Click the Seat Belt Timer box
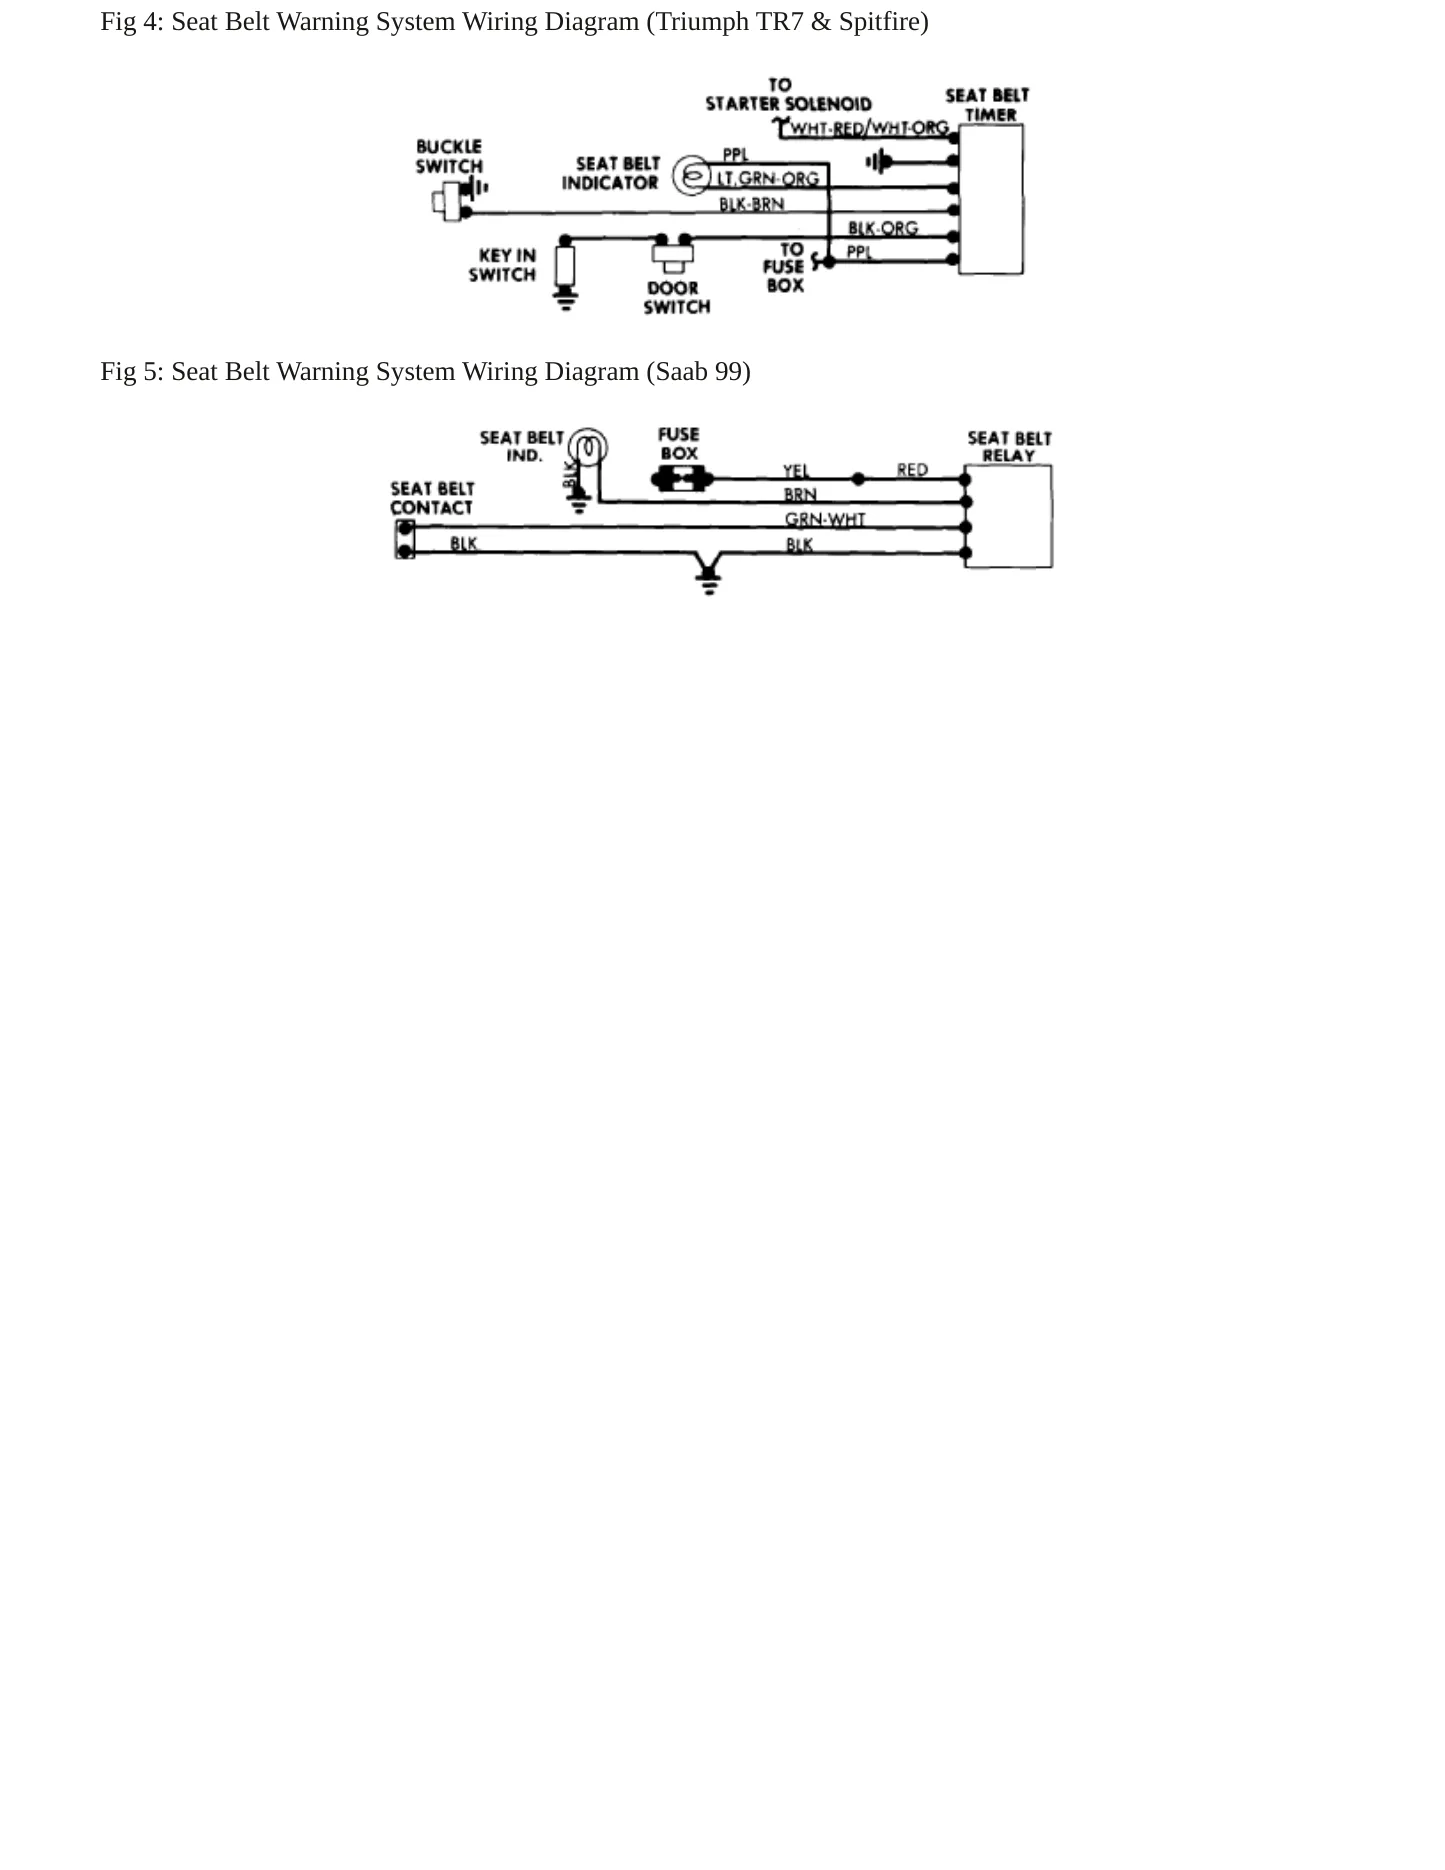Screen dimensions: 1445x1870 click(990, 199)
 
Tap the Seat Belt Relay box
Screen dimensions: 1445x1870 click(1008, 516)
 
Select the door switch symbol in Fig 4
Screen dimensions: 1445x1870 click(672, 254)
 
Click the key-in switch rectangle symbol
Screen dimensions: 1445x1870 click(566, 266)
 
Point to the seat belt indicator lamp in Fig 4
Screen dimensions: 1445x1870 click(690, 176)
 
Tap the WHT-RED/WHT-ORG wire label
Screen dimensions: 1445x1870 click(869, 128)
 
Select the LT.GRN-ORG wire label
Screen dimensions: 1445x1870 click(767, 179)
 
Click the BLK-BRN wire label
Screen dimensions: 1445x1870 click(752, 204)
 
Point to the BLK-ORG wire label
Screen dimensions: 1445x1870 click(883, 228)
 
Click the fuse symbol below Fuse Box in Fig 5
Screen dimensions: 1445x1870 click(681, 480)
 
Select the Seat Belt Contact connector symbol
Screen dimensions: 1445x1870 click(405, 539)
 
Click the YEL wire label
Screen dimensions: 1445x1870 click(796, 470)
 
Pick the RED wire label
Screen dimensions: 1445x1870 click(912, 470)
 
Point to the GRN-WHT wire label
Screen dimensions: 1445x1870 click(825, 519)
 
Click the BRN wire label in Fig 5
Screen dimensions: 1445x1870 click(800, 495)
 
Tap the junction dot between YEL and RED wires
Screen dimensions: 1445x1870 click(858, 479)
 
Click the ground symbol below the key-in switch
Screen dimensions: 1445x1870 click(566, 298)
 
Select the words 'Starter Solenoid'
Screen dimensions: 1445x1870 click(788, 104)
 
